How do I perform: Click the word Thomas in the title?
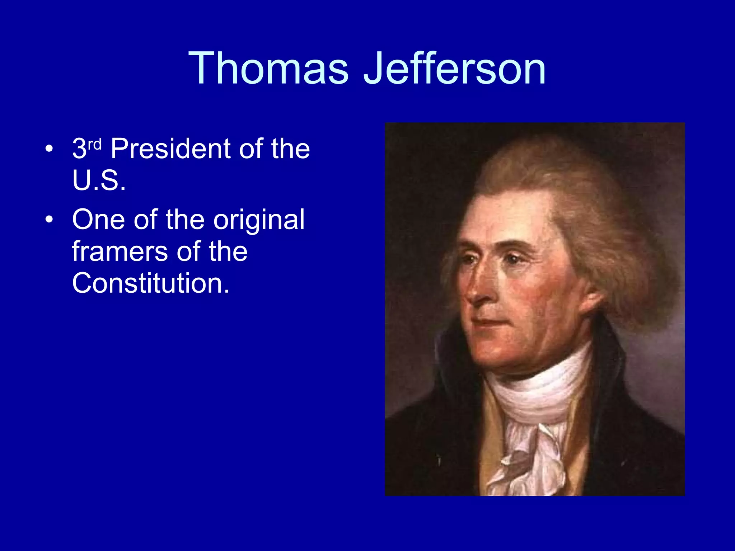pyautogui.click(x=268, y=68)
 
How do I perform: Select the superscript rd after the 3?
pyautogui.click(x=95, y=144)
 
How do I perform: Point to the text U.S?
pyautogui.click(x=99, y=180)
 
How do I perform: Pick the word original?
pyautogui.click(x=259, y=220)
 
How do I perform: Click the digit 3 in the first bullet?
pyautogui.click(x=79, y=149)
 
